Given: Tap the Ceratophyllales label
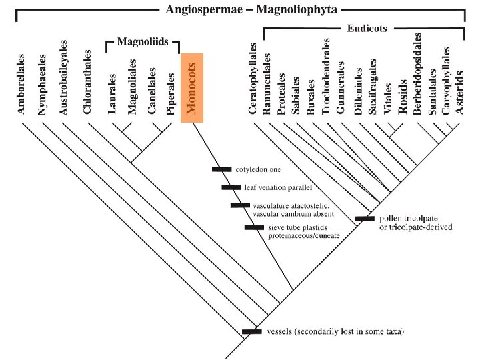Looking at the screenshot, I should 253,79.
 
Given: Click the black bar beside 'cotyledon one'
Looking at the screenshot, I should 221,169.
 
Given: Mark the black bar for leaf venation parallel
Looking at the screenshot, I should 231,187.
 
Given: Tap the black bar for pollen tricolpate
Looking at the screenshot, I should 364,219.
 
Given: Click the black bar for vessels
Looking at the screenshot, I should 251,331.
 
